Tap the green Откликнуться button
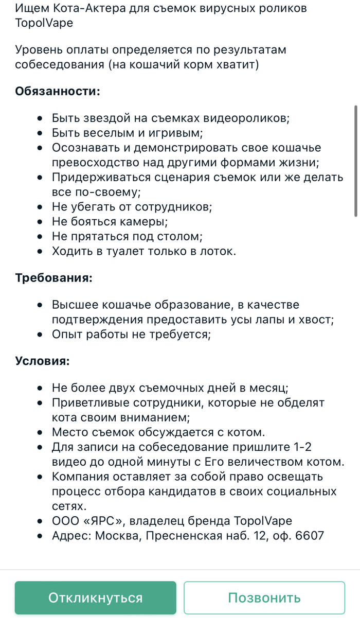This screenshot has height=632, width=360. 95,598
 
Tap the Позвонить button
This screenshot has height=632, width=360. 264,598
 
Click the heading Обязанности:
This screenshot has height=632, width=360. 58,91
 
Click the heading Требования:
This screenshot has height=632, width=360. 54,278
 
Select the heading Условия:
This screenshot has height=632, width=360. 42,360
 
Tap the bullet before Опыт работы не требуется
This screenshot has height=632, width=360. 40,335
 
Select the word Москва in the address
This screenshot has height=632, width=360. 116,536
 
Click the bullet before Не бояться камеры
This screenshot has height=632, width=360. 40,222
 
